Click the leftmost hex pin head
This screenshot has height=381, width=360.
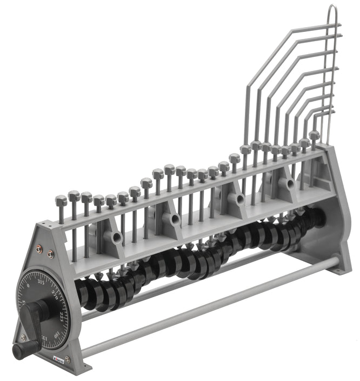tap(61, 201)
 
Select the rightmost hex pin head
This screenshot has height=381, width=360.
tap(314, 134)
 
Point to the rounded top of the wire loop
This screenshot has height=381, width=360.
tap(333, 9)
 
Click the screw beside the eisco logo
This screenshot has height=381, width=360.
tap(68, 359)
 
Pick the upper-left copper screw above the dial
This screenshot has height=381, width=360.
tap(39, 248)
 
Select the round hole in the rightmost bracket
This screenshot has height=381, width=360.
tap(290, 183)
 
